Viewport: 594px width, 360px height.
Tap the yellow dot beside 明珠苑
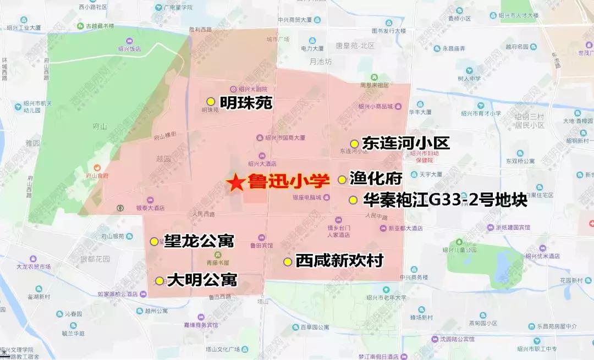[x=211, y=102]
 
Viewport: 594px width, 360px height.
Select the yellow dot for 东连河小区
[x=355, y=144]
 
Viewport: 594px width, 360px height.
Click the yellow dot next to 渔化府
[x=342, y=179]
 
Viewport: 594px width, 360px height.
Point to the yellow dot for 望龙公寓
[x=154, y=241]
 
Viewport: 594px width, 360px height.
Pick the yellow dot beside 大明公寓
[x=159, y=281]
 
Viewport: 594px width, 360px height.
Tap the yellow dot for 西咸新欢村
[x=287, y=262]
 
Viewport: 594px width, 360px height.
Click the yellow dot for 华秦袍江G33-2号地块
[x=353, y=200]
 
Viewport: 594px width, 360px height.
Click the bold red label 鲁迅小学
[x=288, y=181]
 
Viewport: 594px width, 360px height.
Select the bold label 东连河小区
[x=406, y=143]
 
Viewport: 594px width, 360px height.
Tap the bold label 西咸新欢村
[x=339, y=261]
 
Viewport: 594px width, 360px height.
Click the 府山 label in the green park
[x=100, y=126]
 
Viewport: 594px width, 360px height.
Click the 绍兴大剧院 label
[x=252, y=89]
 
